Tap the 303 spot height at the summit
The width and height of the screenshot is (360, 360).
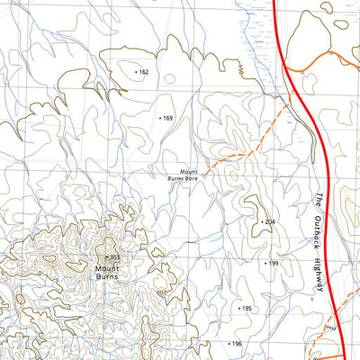click(112, 258)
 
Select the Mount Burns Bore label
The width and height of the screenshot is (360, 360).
click(189, 175)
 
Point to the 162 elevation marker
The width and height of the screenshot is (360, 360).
click(142, 71)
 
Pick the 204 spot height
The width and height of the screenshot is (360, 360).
click(267, 220)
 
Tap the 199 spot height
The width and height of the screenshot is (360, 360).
click(273, 264)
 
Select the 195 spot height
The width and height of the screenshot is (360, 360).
click(245, 308)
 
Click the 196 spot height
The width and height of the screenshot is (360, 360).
click(237, 344)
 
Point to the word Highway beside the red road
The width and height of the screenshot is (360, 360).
click(319, 274)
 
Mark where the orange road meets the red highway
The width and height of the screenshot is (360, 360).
click(286, 68)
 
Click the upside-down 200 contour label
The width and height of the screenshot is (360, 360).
click(161, 292)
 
